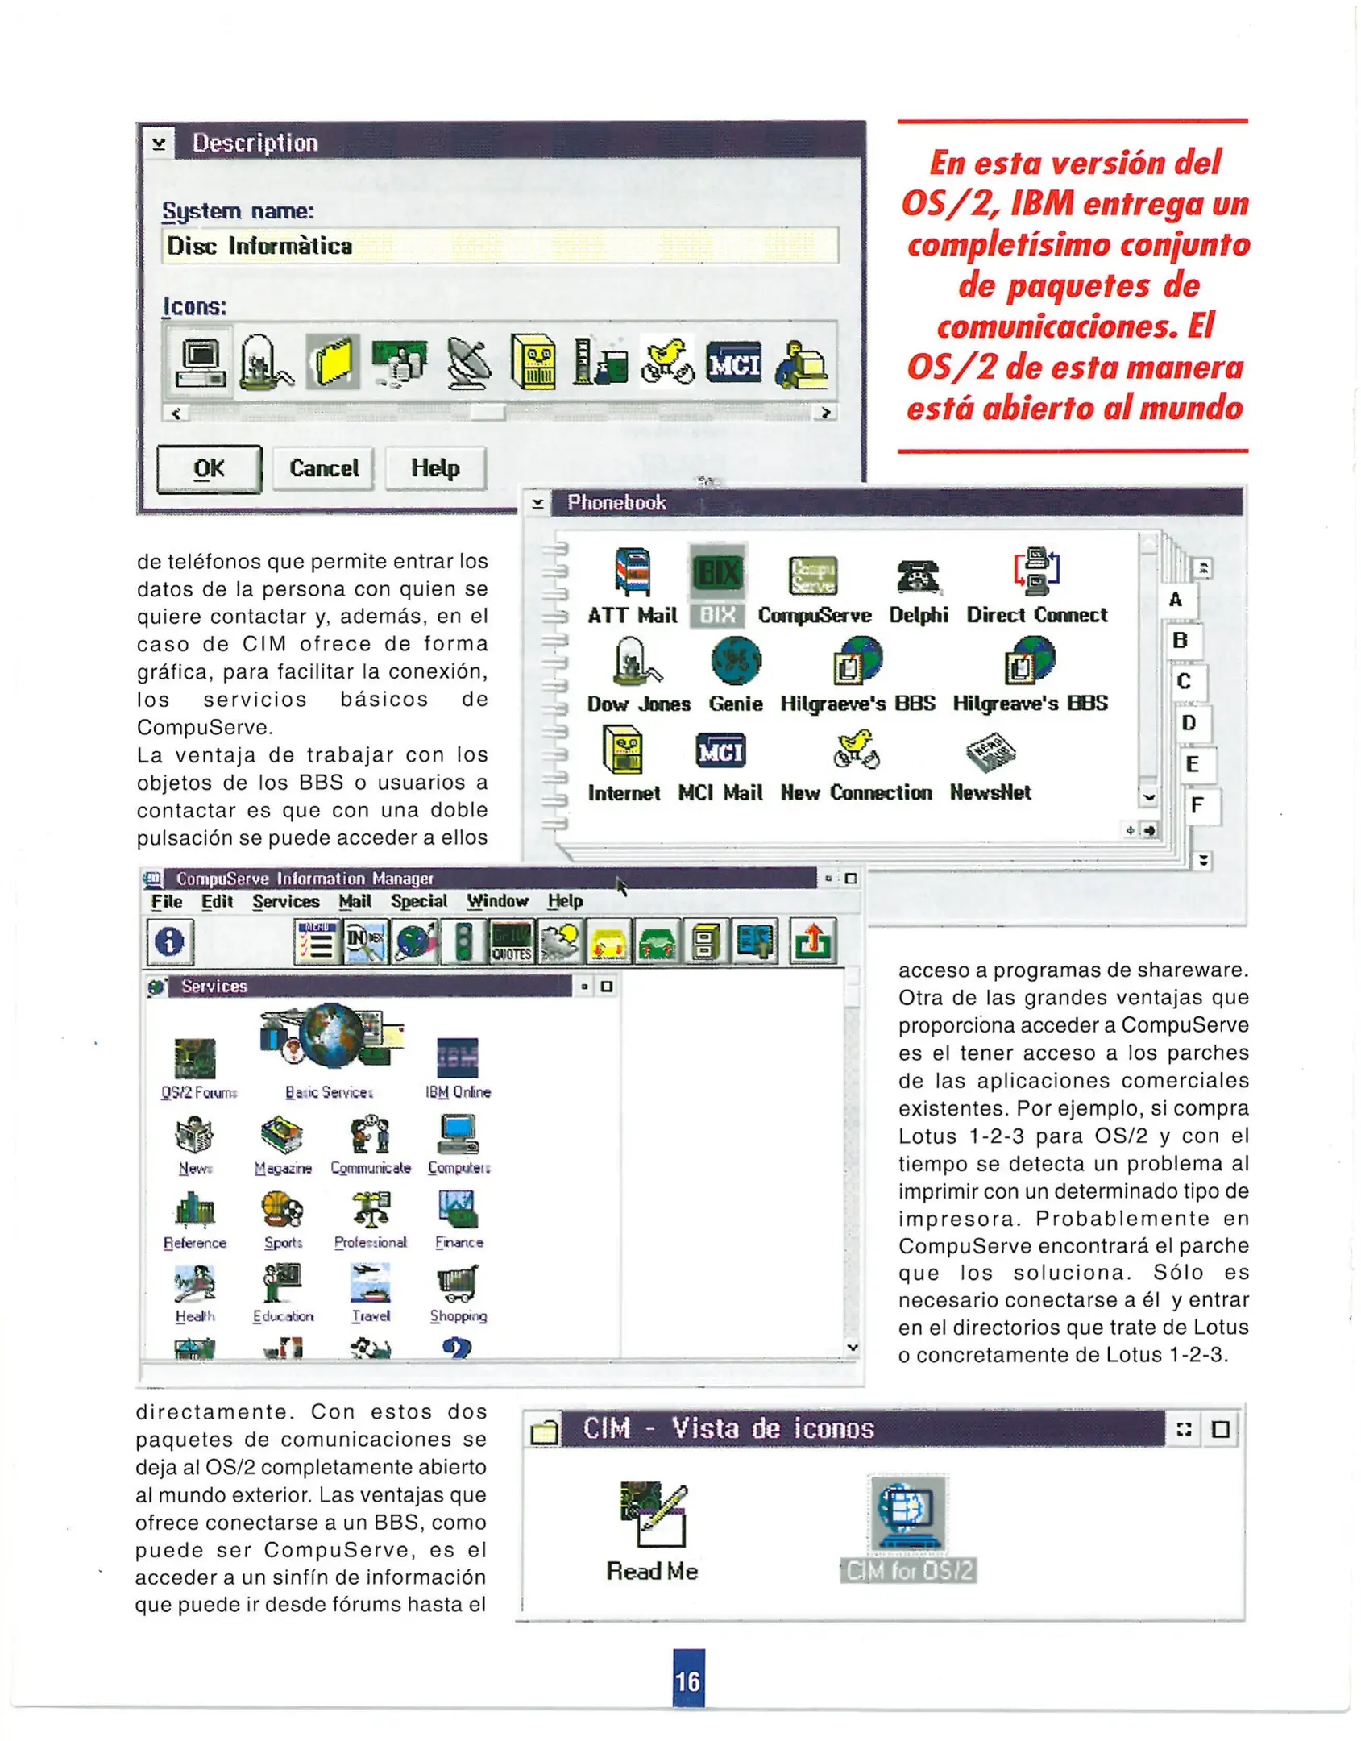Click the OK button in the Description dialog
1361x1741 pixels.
click(x=209, y=468)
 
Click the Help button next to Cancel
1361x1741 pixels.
click(x=435, y=468)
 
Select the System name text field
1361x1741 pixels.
click(x=500, y=245)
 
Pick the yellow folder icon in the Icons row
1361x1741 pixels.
click(x=333, y=362)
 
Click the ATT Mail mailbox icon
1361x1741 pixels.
click(x=633, y=571)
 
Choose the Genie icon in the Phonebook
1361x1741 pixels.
click(x=736, y=661)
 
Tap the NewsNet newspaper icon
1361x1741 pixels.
click(x=990, y=752)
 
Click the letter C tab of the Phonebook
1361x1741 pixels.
click(x=1183, y=681)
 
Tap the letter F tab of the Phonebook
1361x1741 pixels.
click(x=1197, y=804)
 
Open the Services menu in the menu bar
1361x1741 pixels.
click(x=285, y=901)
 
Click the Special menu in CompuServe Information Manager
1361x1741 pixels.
click(x=418, y=901)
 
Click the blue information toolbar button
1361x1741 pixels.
click(x=169, y=941)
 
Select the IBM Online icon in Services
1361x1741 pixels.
click(x=458, y=1058)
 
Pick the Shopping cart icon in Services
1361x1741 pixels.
click(x=458, y=1283)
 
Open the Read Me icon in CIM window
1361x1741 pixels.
click(x=654, y=1515)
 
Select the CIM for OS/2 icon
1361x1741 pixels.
click(x=907, y=1513)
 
